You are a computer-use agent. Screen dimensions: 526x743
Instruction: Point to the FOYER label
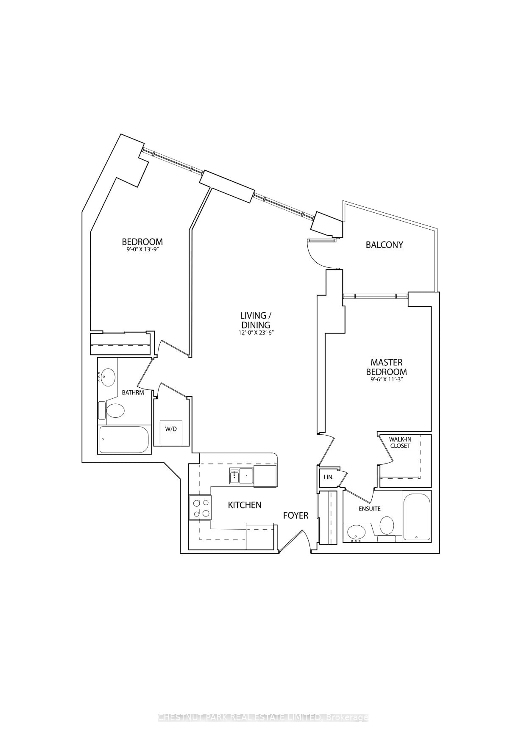pos(296,515)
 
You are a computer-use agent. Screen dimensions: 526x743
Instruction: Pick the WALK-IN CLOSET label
pos(400,443)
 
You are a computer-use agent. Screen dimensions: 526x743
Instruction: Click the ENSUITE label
pos(370,509)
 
